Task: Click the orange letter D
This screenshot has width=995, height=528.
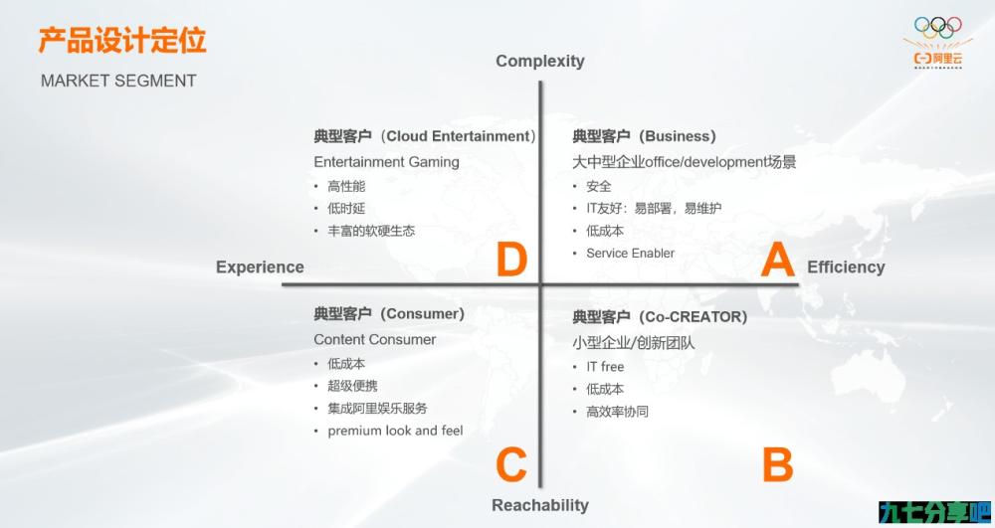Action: [x=511, y=260]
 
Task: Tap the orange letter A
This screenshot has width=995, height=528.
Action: [x=777, y=260]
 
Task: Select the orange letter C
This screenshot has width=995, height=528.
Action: [x=511, y=464]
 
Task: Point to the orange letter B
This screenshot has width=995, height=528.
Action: [x=777, y=464]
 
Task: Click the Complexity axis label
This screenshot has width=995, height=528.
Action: [x=540, y=61]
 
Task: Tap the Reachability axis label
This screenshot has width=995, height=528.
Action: [x=540, y=505]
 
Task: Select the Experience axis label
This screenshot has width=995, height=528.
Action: [x=260, y=267]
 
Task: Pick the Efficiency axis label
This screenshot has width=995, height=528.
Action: [x=846, y=267]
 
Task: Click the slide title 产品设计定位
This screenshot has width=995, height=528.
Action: [x=122, y=40]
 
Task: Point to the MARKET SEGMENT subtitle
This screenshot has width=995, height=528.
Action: [x=118, y=82]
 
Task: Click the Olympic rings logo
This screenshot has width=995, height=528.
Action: [x=938, y=27]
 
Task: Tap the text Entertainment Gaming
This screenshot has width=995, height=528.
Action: [x=386, y=162]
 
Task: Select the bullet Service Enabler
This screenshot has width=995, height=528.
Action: [x=630, y=253]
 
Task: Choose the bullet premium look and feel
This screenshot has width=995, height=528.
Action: [x=395, y=431]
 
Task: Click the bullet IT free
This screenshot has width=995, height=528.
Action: [x=605, y=366]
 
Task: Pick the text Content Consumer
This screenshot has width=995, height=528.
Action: [x=374, y=340]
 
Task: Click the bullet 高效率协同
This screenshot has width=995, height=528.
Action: [x=618, y=412]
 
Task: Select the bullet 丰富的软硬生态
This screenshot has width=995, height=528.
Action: [x=371, y=231]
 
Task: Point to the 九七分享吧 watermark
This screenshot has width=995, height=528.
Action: [x=935, y=513]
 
